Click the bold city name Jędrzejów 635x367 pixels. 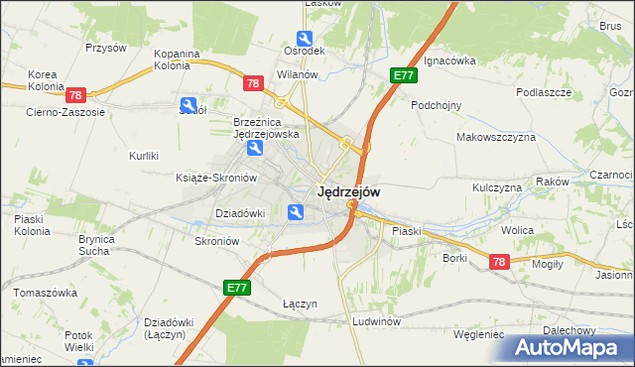click(347, 191)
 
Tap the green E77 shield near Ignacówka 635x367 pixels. click(404, 75)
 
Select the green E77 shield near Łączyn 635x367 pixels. click(237, 288)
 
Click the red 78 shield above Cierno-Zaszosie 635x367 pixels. click(76, 95)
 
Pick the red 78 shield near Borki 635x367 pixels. click(499, 261)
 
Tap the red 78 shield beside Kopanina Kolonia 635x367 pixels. click(253, 83)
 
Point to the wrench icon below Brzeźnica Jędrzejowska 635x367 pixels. click(255, 149)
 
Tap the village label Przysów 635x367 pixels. click(106, 48)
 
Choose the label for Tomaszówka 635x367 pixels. click(45, 293)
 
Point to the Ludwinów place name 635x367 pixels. click(376, 322)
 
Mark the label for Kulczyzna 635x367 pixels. click(497, 186)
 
